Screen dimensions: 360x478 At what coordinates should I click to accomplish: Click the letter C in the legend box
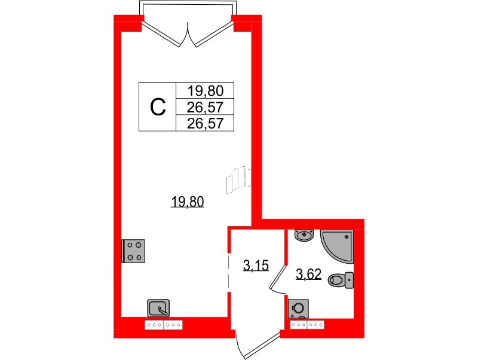click(157, 107)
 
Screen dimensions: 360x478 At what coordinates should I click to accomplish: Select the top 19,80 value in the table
click(205, 91)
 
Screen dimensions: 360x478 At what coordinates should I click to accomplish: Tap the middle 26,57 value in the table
click(205, 107)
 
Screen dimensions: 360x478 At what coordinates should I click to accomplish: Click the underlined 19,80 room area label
click(188, 202)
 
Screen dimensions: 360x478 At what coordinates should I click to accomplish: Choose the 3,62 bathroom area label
click(309, 275)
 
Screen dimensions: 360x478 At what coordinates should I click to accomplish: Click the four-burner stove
click(134, 251)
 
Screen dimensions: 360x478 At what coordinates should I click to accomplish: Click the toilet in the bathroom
click(342, 279)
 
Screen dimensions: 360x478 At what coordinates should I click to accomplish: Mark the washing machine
click(298, 308)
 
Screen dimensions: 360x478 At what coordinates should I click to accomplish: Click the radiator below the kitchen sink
click(164, 325)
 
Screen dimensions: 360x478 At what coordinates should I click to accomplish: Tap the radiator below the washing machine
click(307, 325)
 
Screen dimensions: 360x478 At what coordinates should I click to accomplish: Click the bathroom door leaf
click(277, 279)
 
